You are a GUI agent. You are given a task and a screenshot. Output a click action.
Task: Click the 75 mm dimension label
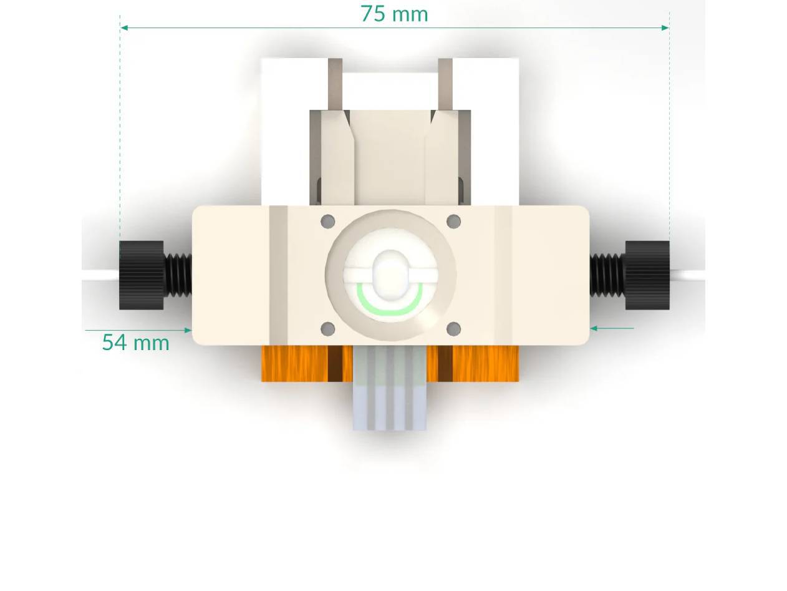click(x=394, y=14)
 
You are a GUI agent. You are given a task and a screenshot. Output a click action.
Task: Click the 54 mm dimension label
click(x=135, y=343)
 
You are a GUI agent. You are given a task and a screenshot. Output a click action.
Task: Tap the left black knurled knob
click(x=142, y=275)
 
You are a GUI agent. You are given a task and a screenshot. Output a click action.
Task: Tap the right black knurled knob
click(x=647, y=275)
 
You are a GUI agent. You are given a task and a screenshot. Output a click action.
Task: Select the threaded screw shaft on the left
click(x=178, y=275)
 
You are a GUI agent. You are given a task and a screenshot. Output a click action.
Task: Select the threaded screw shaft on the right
click(x=607, y=275)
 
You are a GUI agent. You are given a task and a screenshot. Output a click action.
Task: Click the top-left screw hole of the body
click(x=327, y=221)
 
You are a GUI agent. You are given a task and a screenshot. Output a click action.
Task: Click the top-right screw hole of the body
click(x=454, y=221)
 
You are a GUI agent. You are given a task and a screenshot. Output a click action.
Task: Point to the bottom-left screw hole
click(x=327, y=329)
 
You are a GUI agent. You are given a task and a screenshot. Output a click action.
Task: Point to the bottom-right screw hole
click(x=454, y=329)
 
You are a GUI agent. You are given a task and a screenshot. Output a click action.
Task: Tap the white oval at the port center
click(x=390, y=273)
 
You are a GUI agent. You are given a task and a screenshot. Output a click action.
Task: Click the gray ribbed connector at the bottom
click(x=390, y=399)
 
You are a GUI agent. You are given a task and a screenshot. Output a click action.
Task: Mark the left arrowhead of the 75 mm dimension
click(x=124, y=27)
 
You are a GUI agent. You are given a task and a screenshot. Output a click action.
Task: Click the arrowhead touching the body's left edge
click(x=188, y=330)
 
